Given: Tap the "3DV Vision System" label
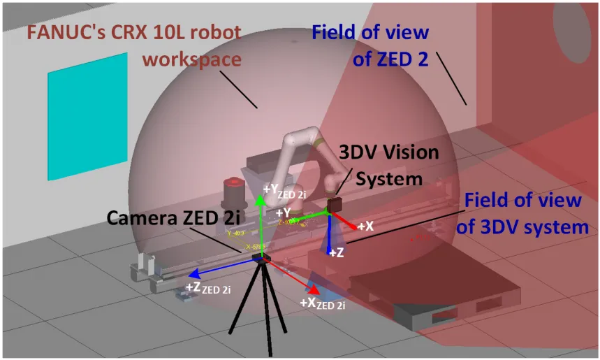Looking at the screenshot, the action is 388,165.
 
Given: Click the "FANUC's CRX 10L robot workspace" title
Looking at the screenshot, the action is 134,45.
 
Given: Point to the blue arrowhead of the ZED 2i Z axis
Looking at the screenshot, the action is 196,273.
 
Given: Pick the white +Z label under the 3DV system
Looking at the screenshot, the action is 337,252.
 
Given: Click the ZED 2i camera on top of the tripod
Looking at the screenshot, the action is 262,259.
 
